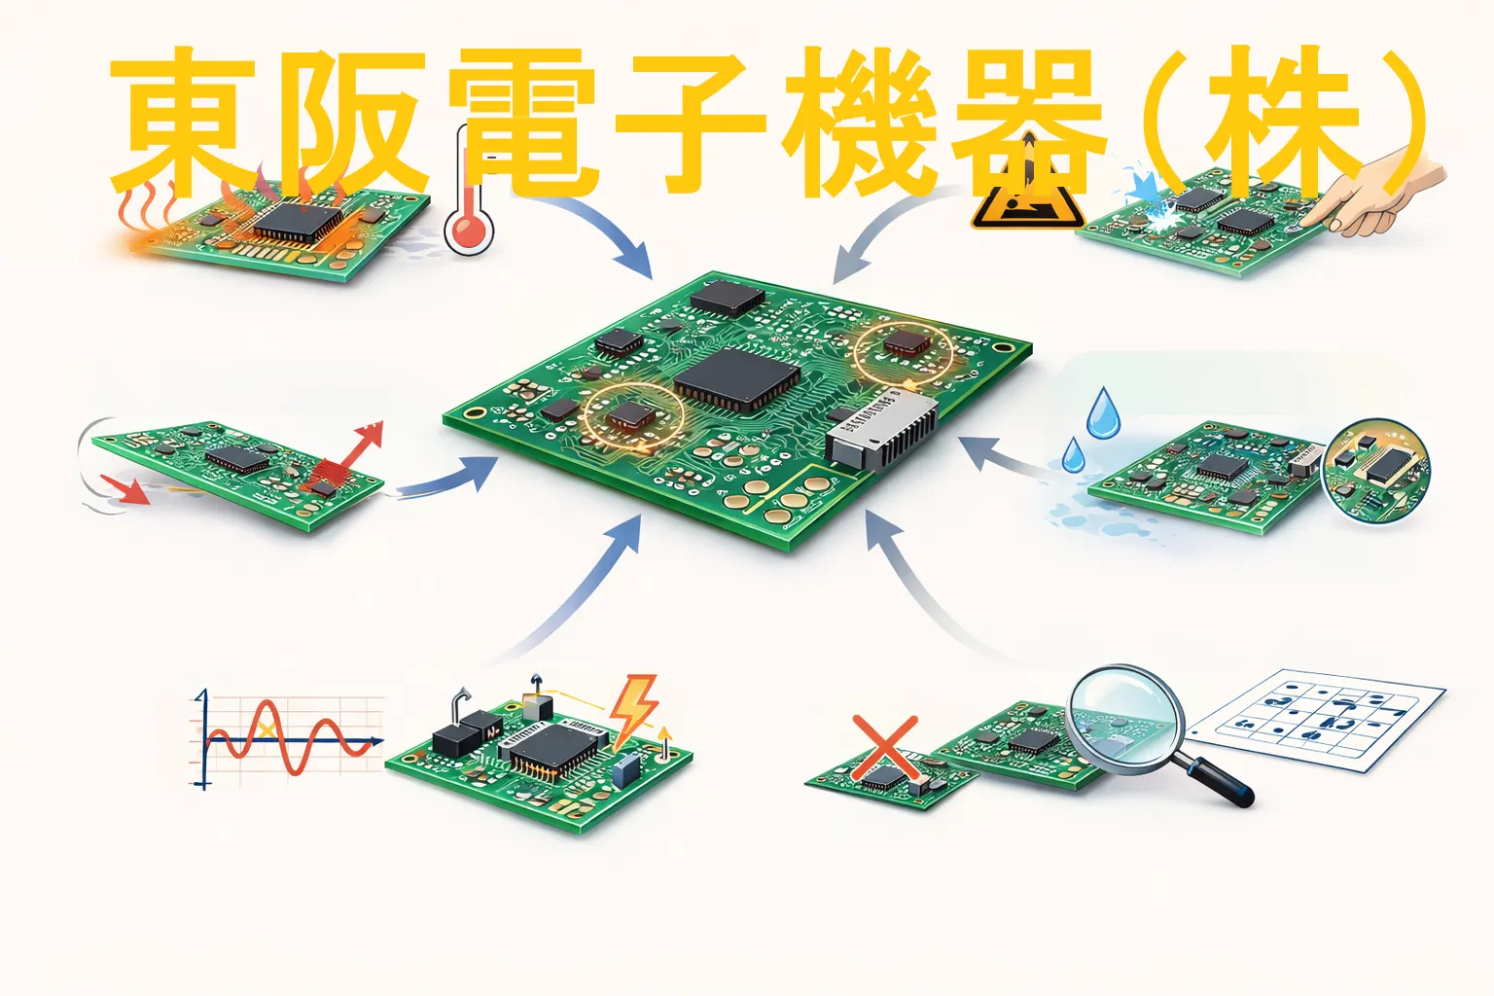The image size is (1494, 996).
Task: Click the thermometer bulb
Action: [469, 231]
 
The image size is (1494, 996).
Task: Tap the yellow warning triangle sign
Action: [1027, 194]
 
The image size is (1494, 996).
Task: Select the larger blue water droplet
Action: [1104, 413]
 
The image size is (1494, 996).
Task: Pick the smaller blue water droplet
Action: [1073, 455]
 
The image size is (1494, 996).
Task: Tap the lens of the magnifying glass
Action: [1125, 719]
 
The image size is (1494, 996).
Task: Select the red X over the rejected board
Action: [885, 748]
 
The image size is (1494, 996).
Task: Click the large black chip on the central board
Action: [737, 379]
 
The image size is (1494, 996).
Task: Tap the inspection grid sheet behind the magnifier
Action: [1317, 721]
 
